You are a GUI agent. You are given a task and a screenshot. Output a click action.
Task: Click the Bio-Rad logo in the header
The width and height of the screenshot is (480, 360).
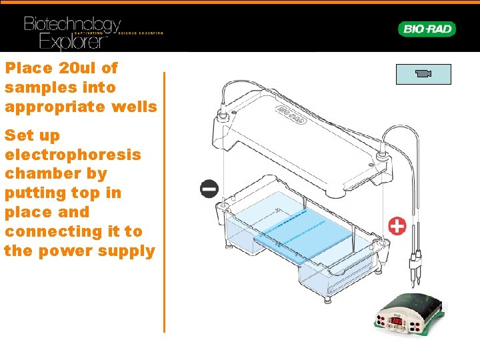427,29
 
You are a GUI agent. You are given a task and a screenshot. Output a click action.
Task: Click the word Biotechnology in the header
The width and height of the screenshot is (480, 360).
72,25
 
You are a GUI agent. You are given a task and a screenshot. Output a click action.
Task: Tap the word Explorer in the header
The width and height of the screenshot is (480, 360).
73,42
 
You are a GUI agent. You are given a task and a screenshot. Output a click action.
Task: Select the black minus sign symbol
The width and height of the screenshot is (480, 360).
209,189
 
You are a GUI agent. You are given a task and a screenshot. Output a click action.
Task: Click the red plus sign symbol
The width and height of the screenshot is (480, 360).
397,226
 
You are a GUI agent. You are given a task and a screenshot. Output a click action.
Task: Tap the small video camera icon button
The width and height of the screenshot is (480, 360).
423,74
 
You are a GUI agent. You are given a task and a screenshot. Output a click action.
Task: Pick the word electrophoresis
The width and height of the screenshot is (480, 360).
73,155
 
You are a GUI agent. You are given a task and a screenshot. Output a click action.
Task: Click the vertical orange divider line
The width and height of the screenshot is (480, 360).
164,200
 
